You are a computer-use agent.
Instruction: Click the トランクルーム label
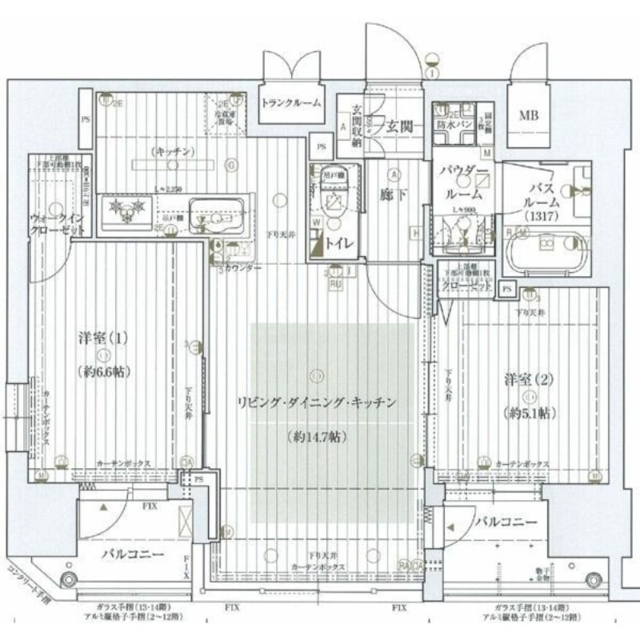pos(292,102)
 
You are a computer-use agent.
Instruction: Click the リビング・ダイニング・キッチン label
pos(316,403)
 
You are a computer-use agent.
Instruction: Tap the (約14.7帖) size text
pos(316,437)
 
